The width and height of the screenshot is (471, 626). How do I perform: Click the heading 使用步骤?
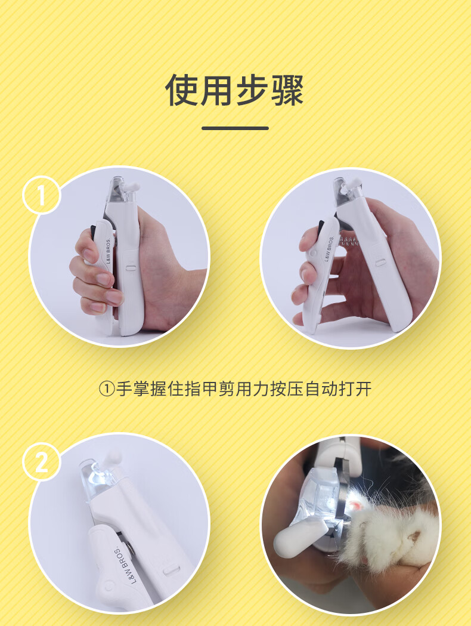(235, 90)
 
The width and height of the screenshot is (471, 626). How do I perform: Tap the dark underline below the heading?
(235, 128)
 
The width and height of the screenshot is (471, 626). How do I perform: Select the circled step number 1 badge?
(42, 195)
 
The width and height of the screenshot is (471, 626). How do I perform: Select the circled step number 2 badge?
(42, 462)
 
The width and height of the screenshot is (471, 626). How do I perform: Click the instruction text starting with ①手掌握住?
(235, 388)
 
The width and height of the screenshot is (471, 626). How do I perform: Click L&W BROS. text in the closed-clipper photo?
(109, 251)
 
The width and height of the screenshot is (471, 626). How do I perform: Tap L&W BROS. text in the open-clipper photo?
(329, 249)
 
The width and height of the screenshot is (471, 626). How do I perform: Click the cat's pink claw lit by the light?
(358, 507)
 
